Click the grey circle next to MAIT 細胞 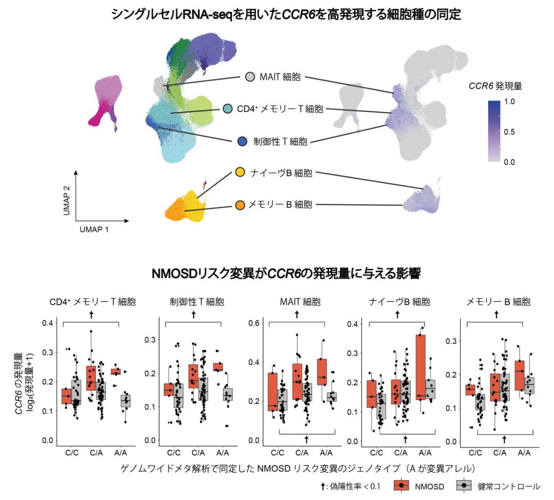pos(250,77)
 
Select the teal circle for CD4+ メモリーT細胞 pos(228,109)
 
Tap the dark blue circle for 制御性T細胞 pos(242,141)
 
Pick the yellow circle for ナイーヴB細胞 pos(240,172)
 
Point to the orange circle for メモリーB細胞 pos(240,205)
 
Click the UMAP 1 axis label pos(94,229)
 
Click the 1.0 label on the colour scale pos(509,101)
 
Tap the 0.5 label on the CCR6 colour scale pos(509,132)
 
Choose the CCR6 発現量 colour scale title pos(495,86)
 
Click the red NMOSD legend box pos(402,486)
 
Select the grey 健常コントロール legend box pos(464,486)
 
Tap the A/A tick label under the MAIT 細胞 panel pos(326,453)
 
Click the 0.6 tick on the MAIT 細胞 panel pos(254,323)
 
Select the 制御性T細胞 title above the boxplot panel pos(197,302)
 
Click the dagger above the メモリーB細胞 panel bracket pos(496,315)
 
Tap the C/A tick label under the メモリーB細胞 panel pos(500,453)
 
